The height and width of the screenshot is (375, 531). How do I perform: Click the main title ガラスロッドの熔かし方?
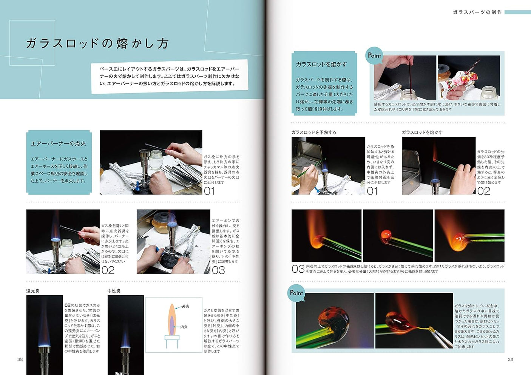point(97,43)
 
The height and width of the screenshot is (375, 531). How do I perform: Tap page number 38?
point(20,359)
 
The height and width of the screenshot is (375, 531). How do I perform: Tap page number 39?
point(510,359)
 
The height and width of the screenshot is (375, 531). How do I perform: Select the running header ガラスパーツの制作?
point(477,12)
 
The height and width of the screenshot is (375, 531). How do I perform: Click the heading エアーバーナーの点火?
point(58,144)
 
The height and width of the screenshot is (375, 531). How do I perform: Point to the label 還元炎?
point(33,291)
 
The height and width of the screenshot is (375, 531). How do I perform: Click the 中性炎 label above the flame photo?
point(114,291)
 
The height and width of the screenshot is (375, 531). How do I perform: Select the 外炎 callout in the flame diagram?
point(185,306)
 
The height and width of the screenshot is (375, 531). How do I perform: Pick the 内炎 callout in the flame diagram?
point(184,327)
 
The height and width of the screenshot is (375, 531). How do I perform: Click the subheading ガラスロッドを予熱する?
point(313,132)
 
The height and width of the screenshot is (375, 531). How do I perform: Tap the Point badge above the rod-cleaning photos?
point(374,56)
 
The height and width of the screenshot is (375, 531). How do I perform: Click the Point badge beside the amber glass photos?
point(296,293)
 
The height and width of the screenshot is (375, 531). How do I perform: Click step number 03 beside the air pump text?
point(218,270)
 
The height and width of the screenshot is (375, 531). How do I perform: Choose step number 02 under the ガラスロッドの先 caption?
point(483,191)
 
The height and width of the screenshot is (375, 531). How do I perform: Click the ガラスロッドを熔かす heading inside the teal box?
point(321,64)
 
